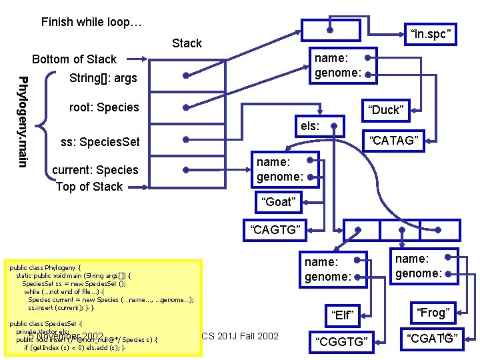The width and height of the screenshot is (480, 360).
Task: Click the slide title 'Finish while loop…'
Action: [x=91, y=22]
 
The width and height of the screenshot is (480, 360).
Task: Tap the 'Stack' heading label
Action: [x=187, y=43]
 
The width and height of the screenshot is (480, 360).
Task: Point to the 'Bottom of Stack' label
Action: [x=74, y=59]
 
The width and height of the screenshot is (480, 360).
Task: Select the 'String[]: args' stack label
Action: [x=103, y=79]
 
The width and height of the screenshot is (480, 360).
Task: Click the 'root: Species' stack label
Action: [x=104, y=107]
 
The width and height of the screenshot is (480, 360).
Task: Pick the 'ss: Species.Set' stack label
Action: [x=100, y=142]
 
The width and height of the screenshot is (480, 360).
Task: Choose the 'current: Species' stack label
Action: [x=95, y=170]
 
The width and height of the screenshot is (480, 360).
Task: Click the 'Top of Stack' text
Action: [x=89, y=187]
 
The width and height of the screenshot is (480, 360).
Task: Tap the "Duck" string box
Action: [x=387, y=110]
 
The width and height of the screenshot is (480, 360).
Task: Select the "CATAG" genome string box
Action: [x=393, y=140]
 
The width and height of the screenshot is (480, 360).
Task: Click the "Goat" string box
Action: [x=279, y=202]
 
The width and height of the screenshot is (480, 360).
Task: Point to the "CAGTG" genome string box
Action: [x=275, y=231]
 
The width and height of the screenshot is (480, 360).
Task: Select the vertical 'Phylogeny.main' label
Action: [x=23, y=122]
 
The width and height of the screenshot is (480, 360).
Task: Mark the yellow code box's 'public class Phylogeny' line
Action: [x=45, y=268]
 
